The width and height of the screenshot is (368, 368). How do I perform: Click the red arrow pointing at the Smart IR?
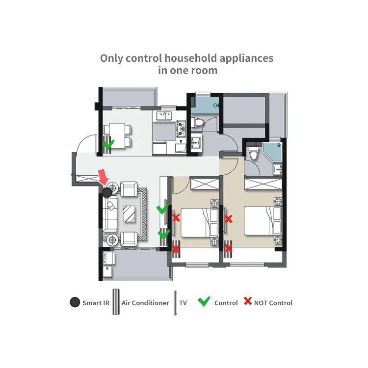pos(103,176)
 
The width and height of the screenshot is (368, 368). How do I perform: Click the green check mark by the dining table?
pos(109,144)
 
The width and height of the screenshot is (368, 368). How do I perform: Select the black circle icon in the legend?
pos(75,302)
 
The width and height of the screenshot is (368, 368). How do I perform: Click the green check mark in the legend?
pos(204,302)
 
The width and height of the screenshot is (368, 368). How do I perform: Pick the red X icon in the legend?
pos(248,302)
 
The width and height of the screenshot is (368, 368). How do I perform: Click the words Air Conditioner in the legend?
pos(145,303)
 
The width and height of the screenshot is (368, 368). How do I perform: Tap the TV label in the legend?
pos(183,303)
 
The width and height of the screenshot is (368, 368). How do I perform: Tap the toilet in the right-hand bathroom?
pos(254,154)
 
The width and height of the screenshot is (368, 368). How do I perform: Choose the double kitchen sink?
pos(164,116)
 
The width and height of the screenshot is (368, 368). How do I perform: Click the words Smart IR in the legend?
pos(96,303)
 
